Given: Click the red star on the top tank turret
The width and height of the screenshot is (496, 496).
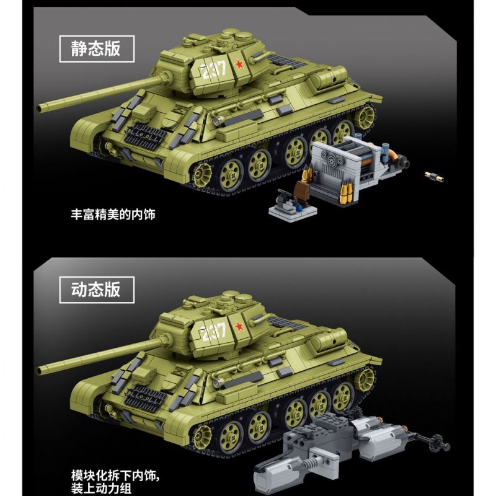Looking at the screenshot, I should (x=237, y=63).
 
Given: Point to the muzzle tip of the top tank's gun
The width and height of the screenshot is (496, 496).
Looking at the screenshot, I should (x=42, y=108).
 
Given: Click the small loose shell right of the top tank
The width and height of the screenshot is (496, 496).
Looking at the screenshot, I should (x=430, y=175).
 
